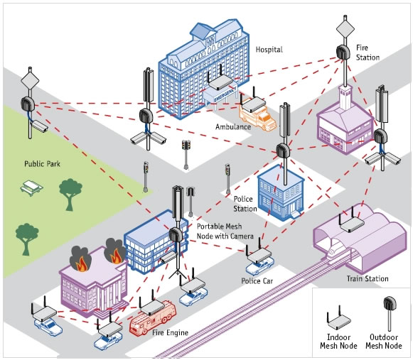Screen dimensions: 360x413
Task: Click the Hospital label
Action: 269,50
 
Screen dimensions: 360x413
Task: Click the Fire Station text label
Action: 368,52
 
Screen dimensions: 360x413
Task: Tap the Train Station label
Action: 367,278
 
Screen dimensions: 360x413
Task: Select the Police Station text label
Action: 245,204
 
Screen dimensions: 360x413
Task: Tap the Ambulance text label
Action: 233,127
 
